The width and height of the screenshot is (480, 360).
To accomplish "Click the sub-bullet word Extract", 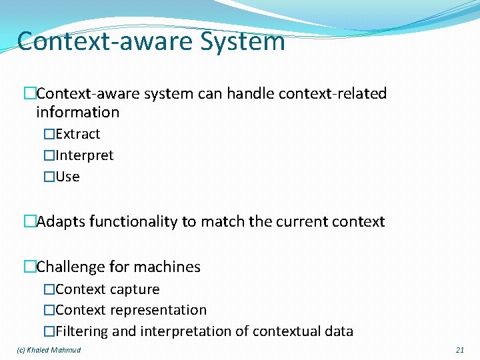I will tap(78, 134).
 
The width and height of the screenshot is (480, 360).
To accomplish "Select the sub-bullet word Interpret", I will tap(85, 155).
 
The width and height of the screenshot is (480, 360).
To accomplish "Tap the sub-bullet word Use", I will tap(67, 177).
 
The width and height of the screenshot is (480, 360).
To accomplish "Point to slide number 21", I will tap(459, 350).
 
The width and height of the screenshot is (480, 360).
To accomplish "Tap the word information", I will tap(78, 112).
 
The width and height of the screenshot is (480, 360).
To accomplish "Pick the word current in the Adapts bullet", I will tap(299, 221).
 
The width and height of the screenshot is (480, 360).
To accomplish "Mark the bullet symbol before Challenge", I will tap(29, 267).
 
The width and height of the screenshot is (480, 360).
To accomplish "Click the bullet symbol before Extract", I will tap(49, 134).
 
